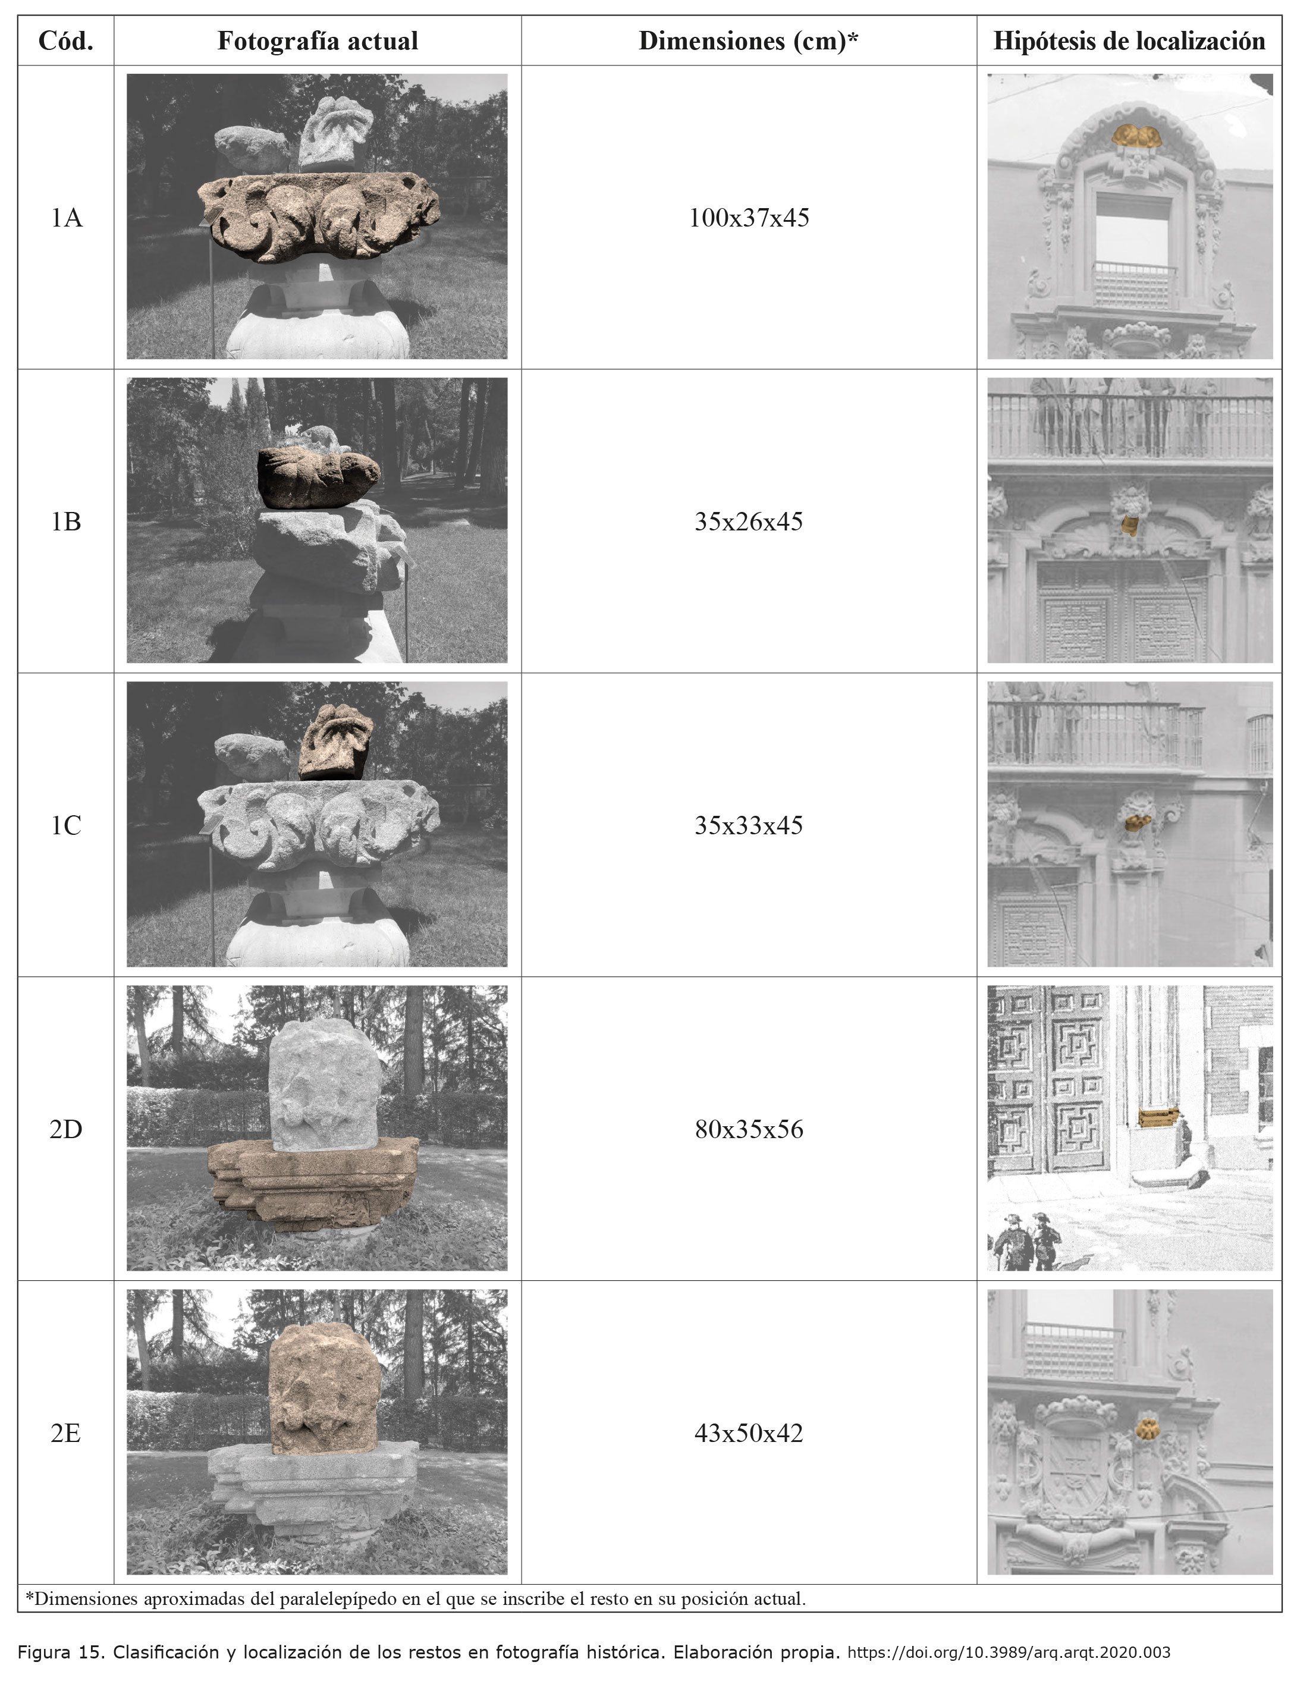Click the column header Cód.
65,41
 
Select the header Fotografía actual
318,41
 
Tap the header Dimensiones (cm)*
749,41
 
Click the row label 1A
66,218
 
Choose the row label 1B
66,522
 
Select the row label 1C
66,826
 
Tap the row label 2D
66,1130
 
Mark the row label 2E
66,1434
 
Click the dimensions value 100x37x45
749,218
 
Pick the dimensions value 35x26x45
749,522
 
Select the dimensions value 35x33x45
749,826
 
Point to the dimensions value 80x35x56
749,1130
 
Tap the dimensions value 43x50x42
749,1434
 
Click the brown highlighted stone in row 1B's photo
317,478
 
